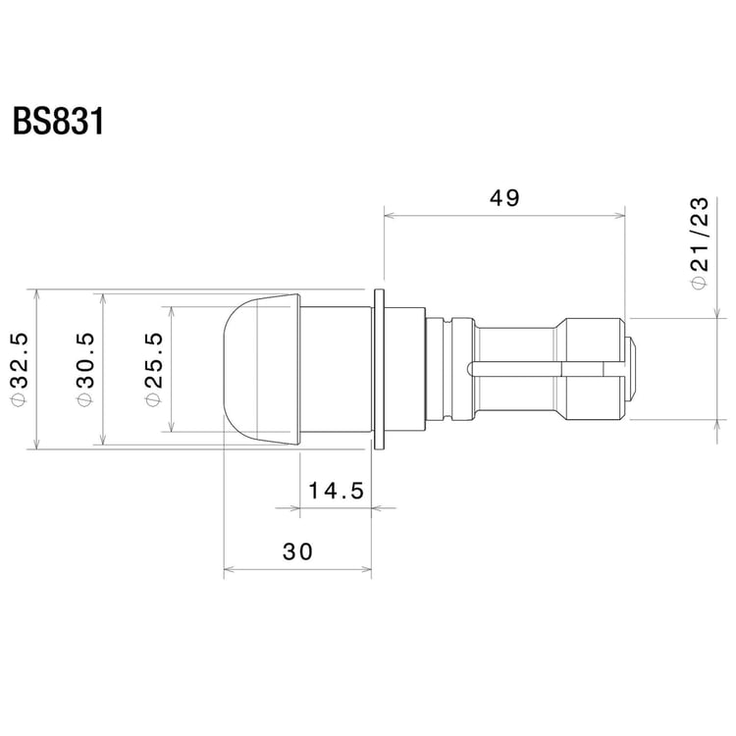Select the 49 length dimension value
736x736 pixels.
[x=503, y=197]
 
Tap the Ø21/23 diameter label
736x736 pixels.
[x=700, y=241]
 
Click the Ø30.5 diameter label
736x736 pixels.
[x=86, y=368]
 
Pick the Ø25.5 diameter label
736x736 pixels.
[x=154, y=368]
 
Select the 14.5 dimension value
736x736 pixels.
[x=336, y=490]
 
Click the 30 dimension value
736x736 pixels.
[x=297, y=552]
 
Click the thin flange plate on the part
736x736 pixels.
[x=378, y=368]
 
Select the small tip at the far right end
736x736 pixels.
[x=634, y=368]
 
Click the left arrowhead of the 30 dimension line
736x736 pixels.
[x=230, y=569]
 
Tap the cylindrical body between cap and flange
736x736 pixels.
[x=334, y=368]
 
